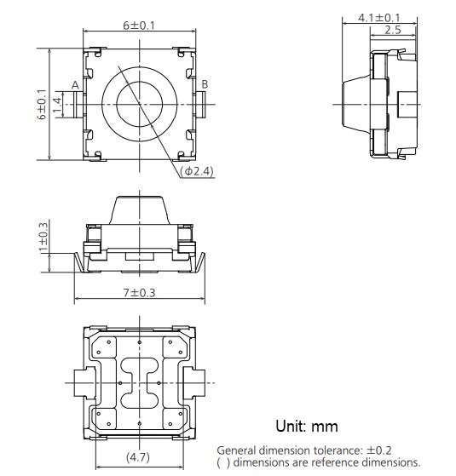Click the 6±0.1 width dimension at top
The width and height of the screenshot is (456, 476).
coord(138,26)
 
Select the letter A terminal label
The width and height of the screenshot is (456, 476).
coord(75,84)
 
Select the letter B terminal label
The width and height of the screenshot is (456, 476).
coord(204,83)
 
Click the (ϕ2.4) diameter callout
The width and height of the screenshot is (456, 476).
coord(198,171)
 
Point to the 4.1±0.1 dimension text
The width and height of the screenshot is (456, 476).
coord(379,18)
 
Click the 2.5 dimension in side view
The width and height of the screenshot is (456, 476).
coord(393,30)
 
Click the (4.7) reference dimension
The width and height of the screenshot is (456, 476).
coord(138,457)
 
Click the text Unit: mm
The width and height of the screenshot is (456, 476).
coord(306,426)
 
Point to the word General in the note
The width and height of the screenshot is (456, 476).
coord(240,450)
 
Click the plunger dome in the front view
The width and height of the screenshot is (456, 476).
coord(138,209)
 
